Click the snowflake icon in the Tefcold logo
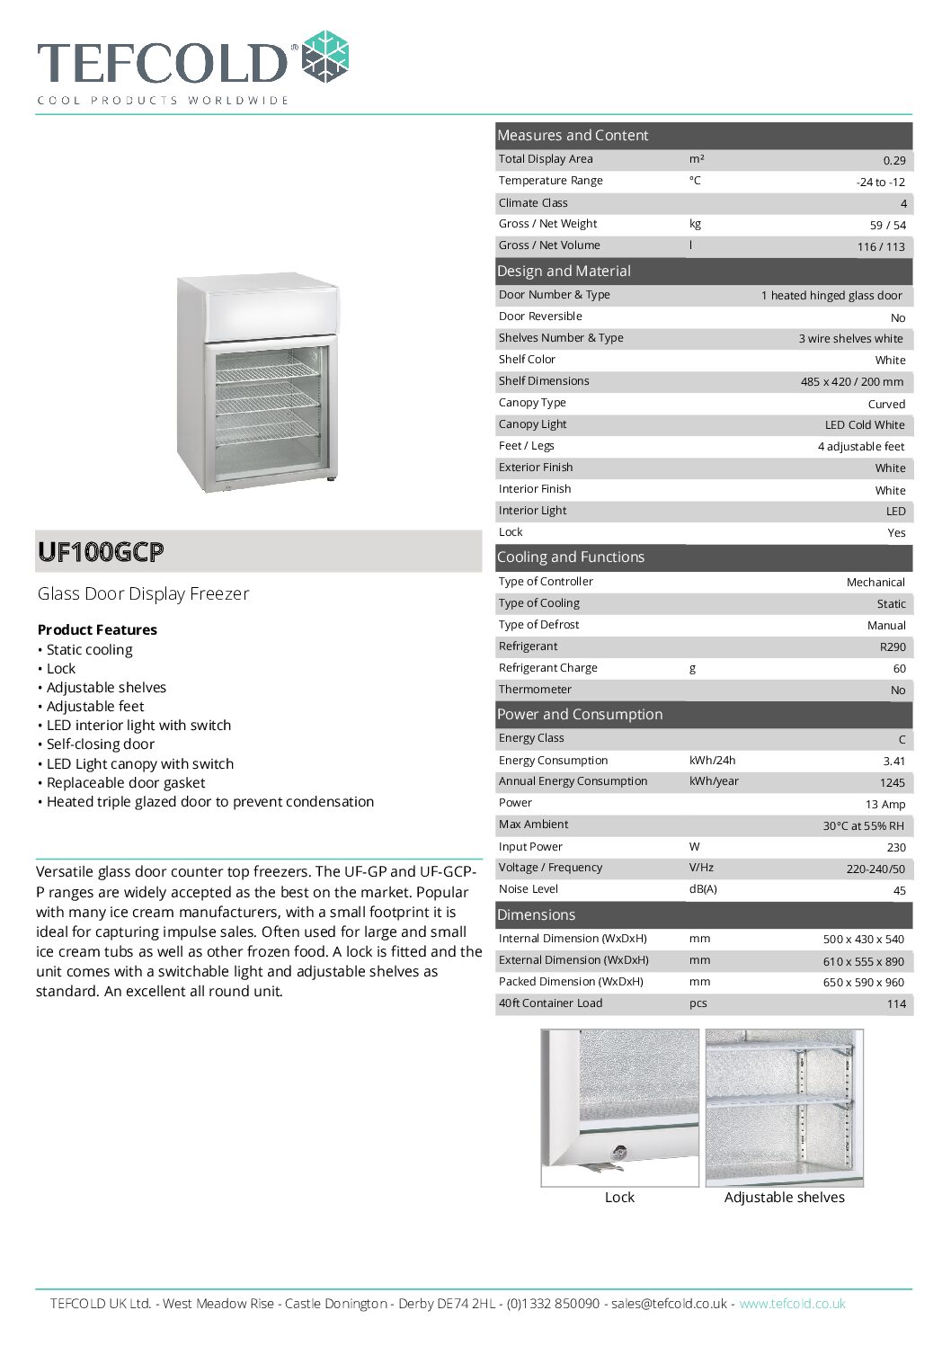(324, 57)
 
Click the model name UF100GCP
(101, 552)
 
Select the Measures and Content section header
(573, 136)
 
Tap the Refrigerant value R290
(893, 647)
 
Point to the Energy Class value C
(902, 739)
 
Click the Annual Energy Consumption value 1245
(893, 783)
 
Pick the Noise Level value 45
(899, 891)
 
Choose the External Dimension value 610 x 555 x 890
(864, 962)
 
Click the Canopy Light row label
(533, 424)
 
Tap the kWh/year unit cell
(714, 781)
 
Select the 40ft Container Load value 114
(896, 1004)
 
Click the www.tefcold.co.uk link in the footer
(792, 1304)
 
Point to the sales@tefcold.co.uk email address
(669, 1304)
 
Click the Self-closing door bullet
(101, 744)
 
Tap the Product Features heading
(97, 630)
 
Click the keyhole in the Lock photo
(619, 1153)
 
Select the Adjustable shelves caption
(784, 1198)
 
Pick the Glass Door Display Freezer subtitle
(143, 594)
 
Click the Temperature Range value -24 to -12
(880, 183)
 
